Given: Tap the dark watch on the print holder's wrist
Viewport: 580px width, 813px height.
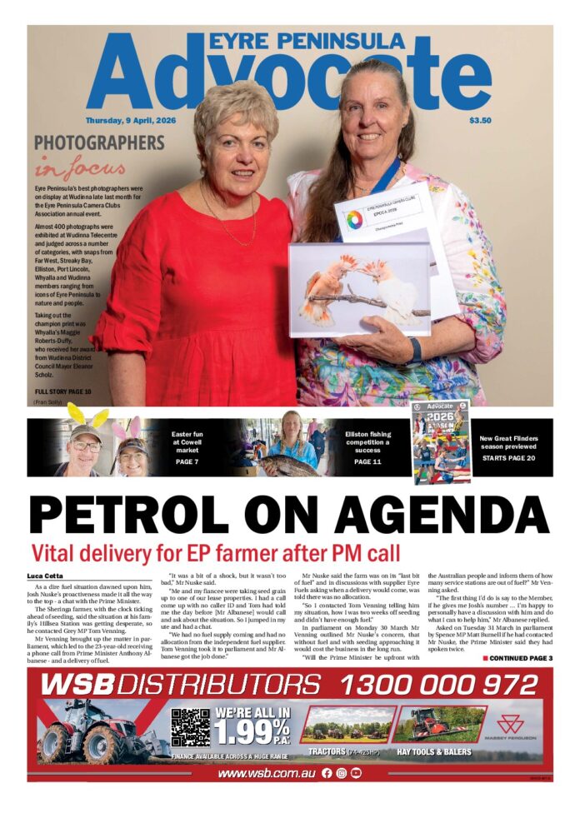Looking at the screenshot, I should click(415, 349).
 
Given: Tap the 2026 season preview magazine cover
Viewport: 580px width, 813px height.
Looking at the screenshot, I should click(442, 441).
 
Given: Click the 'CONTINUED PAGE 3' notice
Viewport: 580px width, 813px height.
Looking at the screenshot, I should click(517, 658).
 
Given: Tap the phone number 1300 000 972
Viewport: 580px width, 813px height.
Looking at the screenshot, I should click(439, 685).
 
